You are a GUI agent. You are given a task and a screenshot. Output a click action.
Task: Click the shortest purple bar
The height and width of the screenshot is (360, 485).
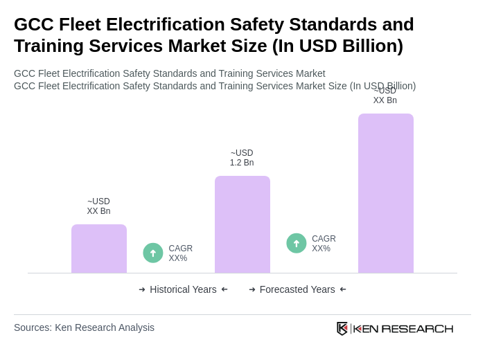(99, 249)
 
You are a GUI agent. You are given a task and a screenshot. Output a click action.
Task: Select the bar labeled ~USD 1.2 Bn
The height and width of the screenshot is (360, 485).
(242, 224)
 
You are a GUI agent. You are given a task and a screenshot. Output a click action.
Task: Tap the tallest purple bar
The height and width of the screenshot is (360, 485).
(386, 193)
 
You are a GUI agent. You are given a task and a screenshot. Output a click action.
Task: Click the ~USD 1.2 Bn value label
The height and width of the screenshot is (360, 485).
(242, 158)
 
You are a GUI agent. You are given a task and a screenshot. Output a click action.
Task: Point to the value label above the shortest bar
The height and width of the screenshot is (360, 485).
(98, 206)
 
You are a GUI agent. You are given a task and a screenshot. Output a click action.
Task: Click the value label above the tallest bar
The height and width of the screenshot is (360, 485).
(385, 96)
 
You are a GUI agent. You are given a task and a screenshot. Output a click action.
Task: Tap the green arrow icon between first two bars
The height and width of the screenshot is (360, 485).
(153, 253)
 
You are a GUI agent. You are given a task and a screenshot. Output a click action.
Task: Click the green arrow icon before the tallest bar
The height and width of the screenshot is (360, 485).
(297, 243)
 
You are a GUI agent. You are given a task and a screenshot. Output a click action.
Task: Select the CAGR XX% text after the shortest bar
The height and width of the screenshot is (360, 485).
(180, 253)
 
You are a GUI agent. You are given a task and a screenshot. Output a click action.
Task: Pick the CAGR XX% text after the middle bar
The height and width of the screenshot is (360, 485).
(324, 244)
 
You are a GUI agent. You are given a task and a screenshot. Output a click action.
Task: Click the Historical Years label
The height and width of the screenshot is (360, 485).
(183, 289)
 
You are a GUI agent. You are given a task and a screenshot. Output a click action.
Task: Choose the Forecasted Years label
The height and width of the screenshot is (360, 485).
(297, 289)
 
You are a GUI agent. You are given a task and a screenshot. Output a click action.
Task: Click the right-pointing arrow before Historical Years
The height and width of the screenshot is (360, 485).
(142, 289)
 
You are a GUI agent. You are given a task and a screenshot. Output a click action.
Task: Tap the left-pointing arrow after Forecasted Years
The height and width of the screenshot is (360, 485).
(343, 289)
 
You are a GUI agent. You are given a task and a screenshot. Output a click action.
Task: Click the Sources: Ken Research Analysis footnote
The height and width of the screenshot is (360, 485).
(84, 327)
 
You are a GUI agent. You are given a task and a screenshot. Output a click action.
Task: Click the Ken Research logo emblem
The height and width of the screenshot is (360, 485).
(342, 328)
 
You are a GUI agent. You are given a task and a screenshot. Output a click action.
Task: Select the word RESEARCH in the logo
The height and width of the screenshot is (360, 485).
(417, 329)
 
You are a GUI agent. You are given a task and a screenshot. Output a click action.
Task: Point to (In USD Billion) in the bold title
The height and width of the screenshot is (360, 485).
(337, 46)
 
